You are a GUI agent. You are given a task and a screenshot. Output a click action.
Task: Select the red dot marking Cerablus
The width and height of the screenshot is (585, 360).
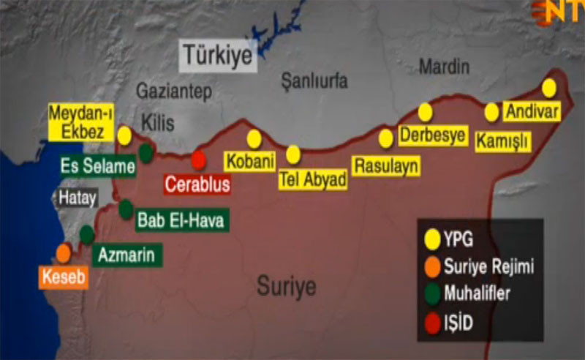tap(199, 160)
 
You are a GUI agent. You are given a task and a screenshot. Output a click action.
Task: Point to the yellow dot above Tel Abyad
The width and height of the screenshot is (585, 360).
tap(294, 154)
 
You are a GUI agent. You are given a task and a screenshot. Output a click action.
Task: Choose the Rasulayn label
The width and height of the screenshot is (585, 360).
tap(386, 165)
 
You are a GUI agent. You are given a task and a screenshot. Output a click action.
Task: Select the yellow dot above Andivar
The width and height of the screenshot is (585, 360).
tap(549, 88)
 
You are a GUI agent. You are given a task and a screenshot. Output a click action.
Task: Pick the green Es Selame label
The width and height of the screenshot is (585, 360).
tap(97, 166)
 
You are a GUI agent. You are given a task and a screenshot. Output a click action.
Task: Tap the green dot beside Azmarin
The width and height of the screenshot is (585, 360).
tap(87, 234)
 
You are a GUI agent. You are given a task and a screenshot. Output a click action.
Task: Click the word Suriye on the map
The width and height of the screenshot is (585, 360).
tap(287, 285)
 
